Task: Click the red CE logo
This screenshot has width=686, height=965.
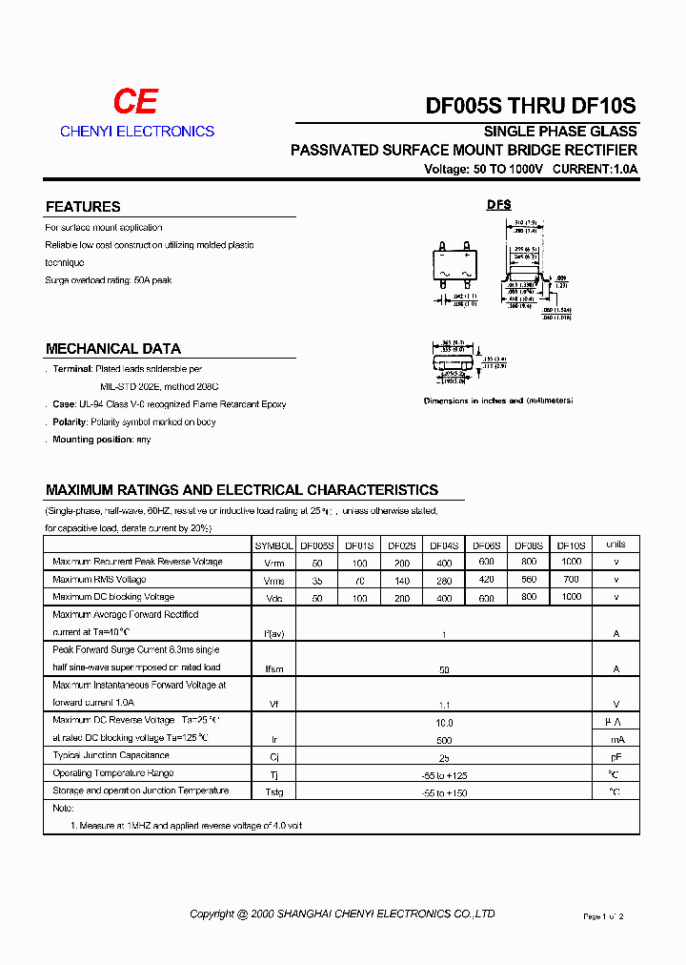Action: coord(135,102)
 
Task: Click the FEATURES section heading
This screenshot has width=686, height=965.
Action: coord(83,207)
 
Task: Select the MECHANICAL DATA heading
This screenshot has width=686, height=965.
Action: coord(112,349)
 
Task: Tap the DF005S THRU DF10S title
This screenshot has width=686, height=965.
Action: coord(530,107)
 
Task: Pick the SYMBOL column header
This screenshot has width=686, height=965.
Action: coord(273,545)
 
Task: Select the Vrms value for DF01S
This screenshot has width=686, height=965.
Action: coord(359,580)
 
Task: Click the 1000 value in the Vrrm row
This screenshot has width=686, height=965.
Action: coord(571,562)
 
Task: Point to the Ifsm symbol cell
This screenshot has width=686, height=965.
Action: coord(273,669)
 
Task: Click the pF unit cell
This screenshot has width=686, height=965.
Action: coord(615,757)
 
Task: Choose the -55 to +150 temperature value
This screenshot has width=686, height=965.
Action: coord(444,792)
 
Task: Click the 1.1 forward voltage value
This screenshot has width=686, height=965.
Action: coord(444,705)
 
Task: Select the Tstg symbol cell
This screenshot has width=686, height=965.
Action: coord(273,792)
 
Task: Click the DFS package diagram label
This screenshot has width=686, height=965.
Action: coord(499,205)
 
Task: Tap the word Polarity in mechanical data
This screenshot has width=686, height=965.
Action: coord(71,421)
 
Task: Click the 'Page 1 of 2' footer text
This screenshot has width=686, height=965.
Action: coord(603,916)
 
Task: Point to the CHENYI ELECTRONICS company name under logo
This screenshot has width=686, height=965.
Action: coord(137,132)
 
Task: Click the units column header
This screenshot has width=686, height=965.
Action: coord(615,544)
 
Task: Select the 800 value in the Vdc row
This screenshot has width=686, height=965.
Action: coord(529,596)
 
